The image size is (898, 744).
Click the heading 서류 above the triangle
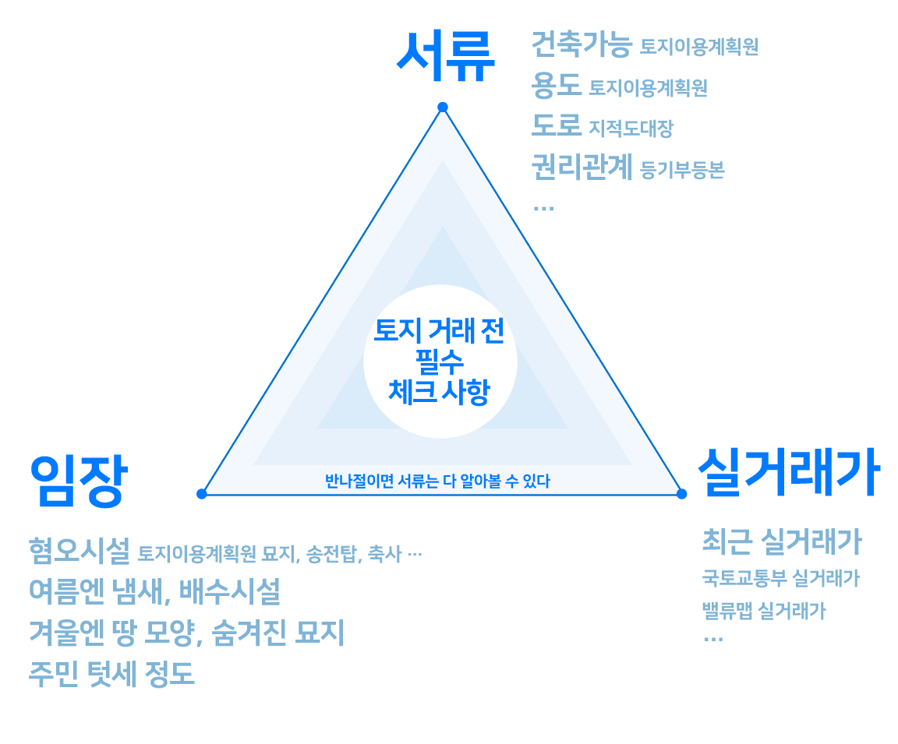[445, 56]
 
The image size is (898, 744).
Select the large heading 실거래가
[788, 473]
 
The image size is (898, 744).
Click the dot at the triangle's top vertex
[443, 107]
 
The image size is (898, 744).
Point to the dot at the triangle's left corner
[202, 493]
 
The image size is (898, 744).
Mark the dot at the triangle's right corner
[681, 494]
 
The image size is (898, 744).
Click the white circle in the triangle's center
[440, 361]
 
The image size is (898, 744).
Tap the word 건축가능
[581, 44]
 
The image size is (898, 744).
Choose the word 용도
[556, 86]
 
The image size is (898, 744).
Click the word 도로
[556, 126]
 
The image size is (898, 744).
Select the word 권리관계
[582, 167]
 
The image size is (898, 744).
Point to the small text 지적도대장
[631, 129]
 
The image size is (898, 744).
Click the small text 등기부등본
[682, 170]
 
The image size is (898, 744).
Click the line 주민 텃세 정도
[111, 674]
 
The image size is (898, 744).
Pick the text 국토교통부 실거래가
[780, 578]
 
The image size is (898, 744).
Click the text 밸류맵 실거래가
[763, 611]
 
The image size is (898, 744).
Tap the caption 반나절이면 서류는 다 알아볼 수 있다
[437, 481]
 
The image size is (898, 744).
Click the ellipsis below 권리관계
[543, 207]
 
